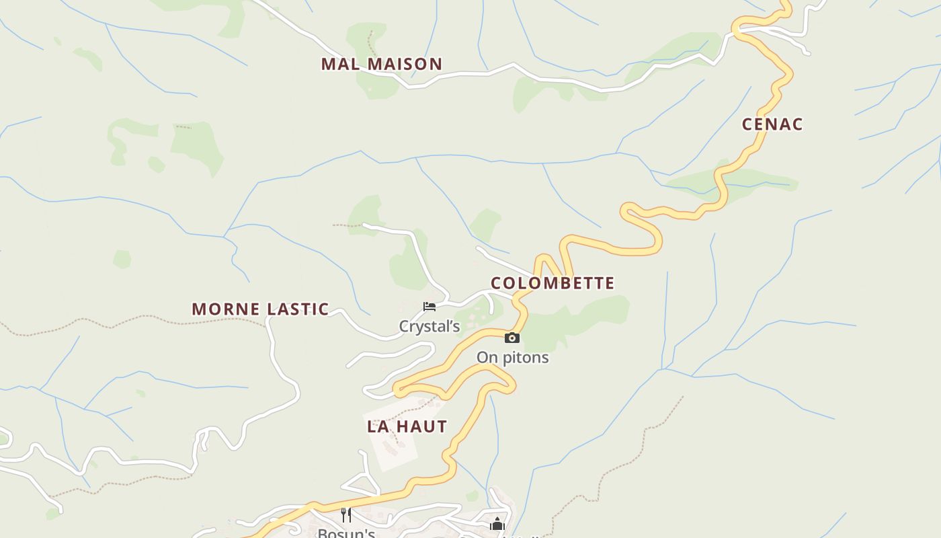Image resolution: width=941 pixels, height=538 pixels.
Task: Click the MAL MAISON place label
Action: click(x=381, y=65)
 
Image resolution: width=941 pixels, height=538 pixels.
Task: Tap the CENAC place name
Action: click(x=772, y=124)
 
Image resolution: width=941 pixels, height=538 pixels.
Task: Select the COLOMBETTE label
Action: click(x=553, y=283)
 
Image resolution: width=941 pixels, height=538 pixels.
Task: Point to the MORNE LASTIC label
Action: click(x=260, y=309)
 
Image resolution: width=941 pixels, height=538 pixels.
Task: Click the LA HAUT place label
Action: click(x=407, y=426)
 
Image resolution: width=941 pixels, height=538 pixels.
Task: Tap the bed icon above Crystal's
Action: click(x=429, y=307)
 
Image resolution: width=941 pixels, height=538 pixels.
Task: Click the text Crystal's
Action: click(x=429, y=327)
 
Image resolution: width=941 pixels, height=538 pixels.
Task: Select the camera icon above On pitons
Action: click(x=512, y=338)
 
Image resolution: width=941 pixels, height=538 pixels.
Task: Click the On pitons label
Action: click(x=512, y=358)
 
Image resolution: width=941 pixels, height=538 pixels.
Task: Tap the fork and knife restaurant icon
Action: click(x=346, y=515)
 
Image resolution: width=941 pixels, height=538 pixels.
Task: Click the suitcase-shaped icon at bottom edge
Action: click(x=497, y=525)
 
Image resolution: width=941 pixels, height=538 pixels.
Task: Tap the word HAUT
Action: click(x=421, y=426)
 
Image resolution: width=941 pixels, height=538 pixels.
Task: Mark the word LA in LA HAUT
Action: click(x=376, y=426)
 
